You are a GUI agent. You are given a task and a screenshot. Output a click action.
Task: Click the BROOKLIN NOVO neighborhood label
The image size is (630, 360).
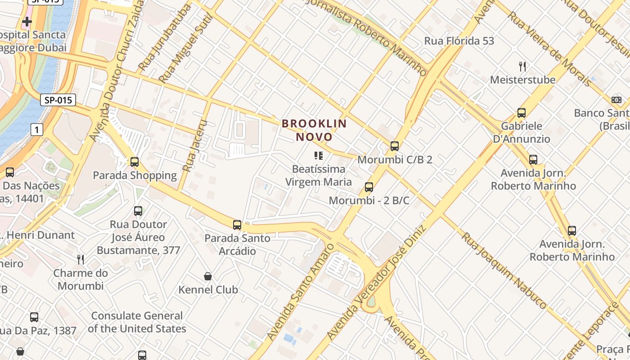314,130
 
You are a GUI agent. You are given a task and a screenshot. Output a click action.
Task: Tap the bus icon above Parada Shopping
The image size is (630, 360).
134,162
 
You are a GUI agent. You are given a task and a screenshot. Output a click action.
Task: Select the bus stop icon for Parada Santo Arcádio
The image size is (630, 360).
237,225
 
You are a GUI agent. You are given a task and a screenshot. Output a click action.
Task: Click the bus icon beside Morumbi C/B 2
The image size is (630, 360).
395,146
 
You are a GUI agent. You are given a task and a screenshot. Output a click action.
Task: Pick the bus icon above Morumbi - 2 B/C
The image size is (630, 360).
369,187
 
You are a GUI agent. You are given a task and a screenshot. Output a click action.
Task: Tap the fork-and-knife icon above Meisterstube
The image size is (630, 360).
522,67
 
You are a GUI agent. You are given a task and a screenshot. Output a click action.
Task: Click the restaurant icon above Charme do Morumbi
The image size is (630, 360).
81,260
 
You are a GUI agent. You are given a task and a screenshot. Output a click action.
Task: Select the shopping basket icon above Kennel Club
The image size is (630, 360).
208,276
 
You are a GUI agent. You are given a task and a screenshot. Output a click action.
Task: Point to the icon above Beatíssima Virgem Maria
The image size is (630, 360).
319,156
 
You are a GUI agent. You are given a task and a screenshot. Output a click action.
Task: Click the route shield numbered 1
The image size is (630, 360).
37,130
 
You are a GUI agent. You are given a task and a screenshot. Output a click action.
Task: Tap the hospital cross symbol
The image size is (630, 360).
27,21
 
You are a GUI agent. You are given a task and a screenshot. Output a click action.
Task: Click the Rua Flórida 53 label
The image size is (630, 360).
459,41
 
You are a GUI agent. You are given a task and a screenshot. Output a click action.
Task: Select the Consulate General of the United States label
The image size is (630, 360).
137,322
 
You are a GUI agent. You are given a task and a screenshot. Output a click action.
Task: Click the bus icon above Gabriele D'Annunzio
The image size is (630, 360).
522,113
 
